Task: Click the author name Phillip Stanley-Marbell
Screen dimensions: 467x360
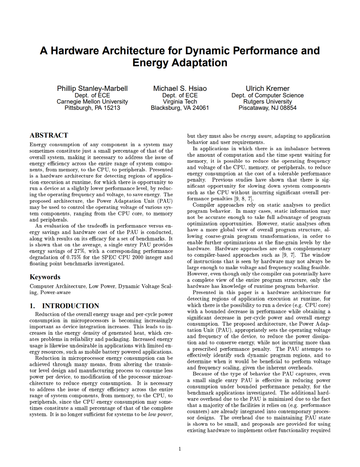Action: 92,88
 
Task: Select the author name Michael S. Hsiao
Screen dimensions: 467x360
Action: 180,88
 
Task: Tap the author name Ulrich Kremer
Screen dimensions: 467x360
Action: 268,88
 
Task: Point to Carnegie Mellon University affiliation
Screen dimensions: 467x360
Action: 92,101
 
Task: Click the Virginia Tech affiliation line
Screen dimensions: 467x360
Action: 180,101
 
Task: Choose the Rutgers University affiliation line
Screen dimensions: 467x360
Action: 268,101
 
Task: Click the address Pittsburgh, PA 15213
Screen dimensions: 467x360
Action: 92,108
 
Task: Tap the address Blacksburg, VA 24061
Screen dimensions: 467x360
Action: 180,108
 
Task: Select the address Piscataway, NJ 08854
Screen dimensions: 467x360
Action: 268,108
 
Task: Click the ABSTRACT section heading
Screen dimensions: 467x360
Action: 49,135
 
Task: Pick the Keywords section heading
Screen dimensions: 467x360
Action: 45,277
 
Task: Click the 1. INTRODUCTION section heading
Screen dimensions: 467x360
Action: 64,306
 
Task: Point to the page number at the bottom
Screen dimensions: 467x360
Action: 180,449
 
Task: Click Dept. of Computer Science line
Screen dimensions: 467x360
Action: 268,95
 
